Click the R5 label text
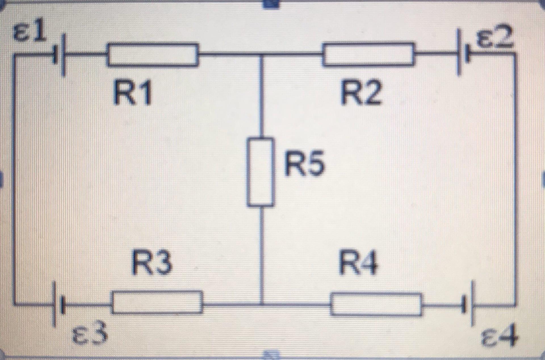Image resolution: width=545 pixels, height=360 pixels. pos(304,164)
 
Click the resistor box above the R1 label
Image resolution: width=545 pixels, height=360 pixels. pos(152,55)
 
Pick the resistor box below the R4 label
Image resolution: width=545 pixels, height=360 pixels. pos(376,305)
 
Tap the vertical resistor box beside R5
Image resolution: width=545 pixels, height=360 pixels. pos(260,172)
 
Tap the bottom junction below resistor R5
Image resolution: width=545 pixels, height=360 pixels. pos(261,304)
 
